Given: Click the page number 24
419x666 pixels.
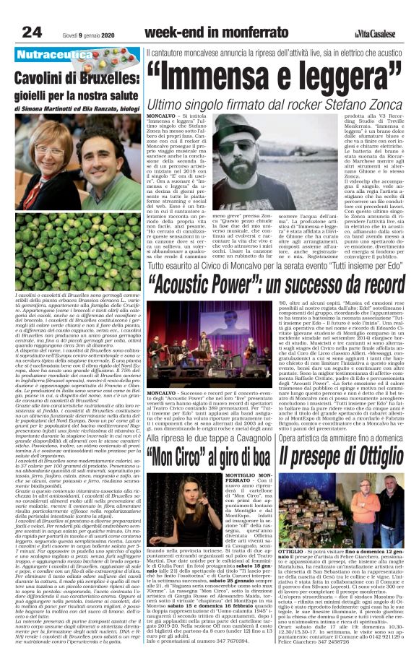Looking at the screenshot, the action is (x=32, y=31).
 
